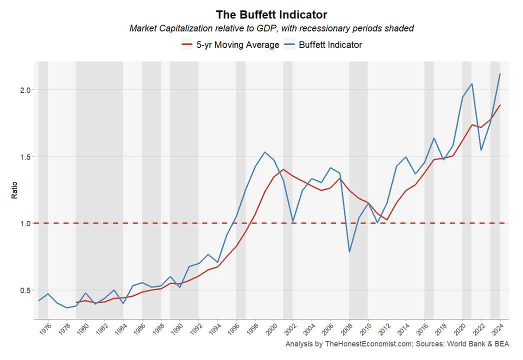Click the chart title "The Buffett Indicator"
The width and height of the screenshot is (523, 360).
(271, 14)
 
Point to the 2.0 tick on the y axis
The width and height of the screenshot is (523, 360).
(25, 90)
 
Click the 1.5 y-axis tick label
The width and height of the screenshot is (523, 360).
(25, 157)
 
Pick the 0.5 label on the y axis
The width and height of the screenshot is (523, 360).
(25, 290)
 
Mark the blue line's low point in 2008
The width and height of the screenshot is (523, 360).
(349, 251)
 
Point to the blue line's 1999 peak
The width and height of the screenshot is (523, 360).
(264, 152)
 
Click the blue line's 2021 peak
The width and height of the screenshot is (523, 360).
(472, 83)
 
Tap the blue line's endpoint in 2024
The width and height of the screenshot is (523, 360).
(500, 74)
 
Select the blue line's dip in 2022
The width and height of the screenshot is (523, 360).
(481, 150)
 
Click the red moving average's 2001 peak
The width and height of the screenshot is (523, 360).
(283, 169)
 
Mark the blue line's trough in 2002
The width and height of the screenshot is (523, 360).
(293, 221)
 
